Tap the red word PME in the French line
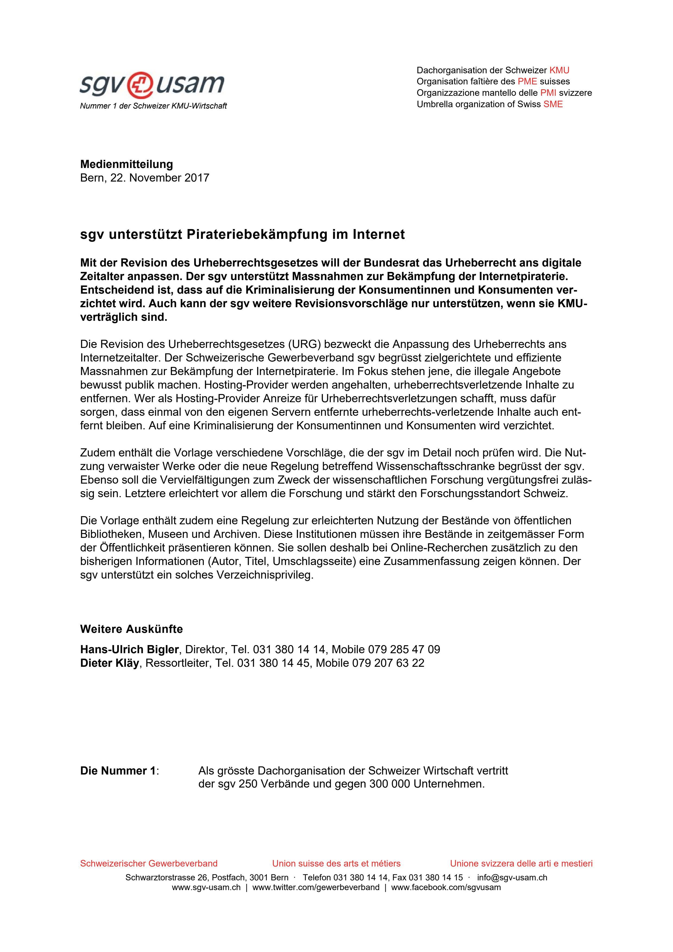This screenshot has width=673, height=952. click(527, 81)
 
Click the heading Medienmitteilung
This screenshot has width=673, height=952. click(127, 164)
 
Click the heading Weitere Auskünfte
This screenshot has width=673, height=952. click(131, 629)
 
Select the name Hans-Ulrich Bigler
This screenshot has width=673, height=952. click(129, 649)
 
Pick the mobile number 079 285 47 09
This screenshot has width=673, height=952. click(404, 649)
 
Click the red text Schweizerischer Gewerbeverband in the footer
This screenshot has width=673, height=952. click(148, 863)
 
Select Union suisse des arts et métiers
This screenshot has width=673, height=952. click(336, 863)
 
